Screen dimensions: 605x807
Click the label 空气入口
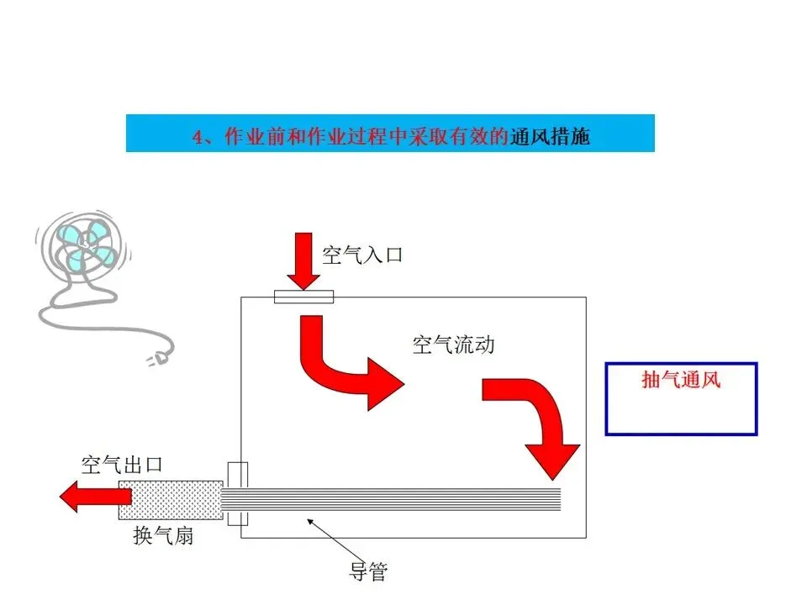[362, 254]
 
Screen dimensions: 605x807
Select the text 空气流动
[453, 345]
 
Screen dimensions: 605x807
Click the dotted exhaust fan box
[171, 499]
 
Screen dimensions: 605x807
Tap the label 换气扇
[163, 535]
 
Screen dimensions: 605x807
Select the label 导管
[368, 571]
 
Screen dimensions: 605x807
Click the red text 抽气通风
[681, 380]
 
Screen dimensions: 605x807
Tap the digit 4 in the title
[198, 137]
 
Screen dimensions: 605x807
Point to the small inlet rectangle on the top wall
[303, 297]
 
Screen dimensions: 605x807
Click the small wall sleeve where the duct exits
[238, 493]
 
